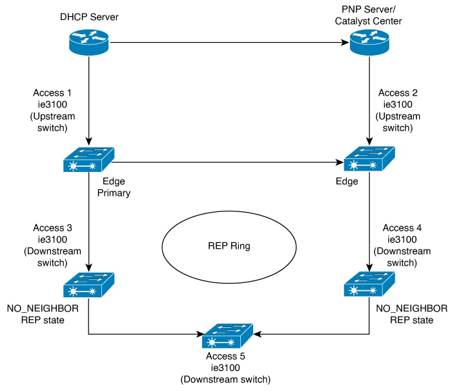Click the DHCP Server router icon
pyautogui.click(x=89, y=42)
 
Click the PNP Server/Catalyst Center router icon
pyautogui.click(x=369, y=42)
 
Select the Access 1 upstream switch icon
pyautogui.click(x=89, y=160)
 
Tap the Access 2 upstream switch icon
pyautogui.click(x=369, y=159)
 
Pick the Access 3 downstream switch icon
pyautogui.click(x=89, y=285)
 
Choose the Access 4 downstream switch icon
pyautogui.click(x=369, y=284)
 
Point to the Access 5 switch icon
pyautogui.click(x=227, y=336)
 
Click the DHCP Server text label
pyautogui.click(x=89, y=17)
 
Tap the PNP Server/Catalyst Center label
pyautogui.click(x=369, y=16)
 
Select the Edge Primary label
pyautogui.click(x=114, y=187)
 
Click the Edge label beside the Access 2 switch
pyautogui.click(x=347, y=181)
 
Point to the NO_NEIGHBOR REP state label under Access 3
pyautogui.click(x=43, y=314)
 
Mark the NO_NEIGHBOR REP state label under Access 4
pyautogui.click(x=412, y=314)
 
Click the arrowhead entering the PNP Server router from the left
pyautogui.click(x=345, y=43)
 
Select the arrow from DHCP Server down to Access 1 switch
pyautogui.click(x=89, y=101)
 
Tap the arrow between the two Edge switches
pyautogui.click(x=228, y=162)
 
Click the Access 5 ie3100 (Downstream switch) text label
pyautogui.click(x=225, y=368)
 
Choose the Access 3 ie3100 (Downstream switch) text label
pyautogui.click(x=52, y=246)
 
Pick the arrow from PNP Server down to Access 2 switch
pyautogui.click(x=369, y=101)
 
